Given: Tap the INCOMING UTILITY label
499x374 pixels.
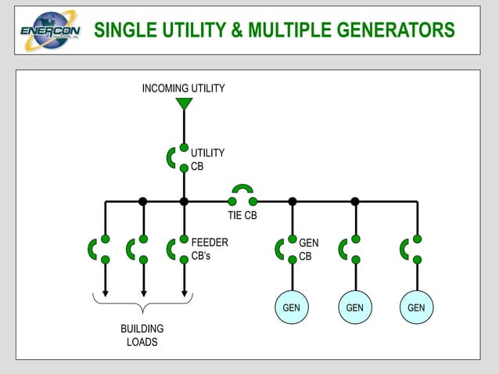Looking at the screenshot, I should [x=183, y=88].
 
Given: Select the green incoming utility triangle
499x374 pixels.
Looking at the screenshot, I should [x=184, y=103].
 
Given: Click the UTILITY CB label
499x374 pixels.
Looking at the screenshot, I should [x=207, y=160].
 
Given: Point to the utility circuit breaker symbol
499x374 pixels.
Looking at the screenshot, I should [x=178, y=157].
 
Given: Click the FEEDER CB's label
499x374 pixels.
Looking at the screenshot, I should [x=210, y=249].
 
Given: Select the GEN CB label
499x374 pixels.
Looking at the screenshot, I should [x=308, y=249].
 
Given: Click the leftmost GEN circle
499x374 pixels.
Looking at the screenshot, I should [x=292, y=307].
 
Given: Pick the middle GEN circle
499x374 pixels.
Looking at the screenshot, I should [x=354, y=307].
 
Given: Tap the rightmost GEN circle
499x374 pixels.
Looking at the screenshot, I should [x=416, y=307].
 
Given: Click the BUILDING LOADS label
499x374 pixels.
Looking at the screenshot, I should [x=142, y=336].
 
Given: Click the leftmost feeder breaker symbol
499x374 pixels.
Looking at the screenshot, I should [x=99, y=249].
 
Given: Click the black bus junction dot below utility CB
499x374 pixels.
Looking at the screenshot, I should [x=184, y=201].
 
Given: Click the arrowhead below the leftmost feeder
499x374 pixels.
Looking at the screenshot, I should [x=106, y=294].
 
